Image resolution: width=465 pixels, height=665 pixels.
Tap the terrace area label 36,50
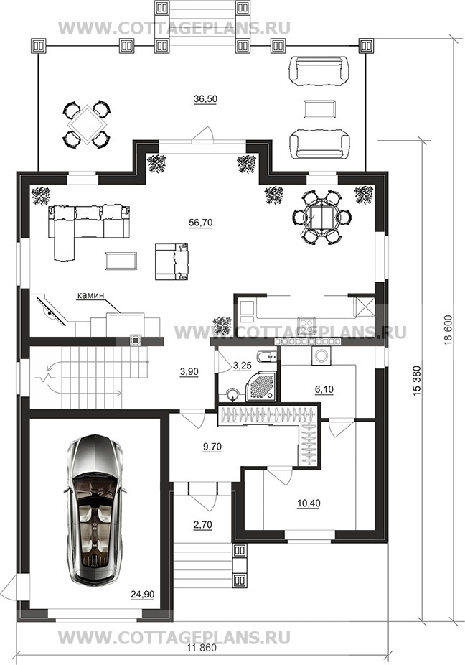[x=205, y=99]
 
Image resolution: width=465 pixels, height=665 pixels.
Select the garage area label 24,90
[x=142, y=595]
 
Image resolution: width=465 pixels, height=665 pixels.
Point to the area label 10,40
[x=309, y=503]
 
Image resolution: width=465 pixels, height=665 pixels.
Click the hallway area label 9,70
[x=212, y=447]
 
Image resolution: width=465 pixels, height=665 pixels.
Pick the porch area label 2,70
[x=202, y=525]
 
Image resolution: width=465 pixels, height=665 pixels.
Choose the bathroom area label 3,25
[x=243, y=366]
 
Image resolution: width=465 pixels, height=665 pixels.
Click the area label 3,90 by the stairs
[x=189, y=372]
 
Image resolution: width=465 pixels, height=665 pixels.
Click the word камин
[x=90, y=297]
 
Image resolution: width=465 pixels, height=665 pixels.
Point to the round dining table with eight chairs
[x=322, y=217]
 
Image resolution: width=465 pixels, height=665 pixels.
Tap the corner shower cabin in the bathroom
[x=260, y=386]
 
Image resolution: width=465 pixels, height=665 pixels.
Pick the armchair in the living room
[x=172, y=261]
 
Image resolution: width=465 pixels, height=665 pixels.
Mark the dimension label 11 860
[x=202, y=648]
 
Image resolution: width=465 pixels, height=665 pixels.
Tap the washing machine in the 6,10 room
[x=320, y=356]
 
